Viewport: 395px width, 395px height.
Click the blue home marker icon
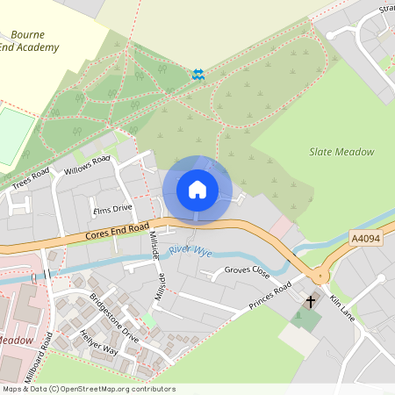(x=197, y=189)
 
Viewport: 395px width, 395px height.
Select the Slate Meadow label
(x=341, y=152)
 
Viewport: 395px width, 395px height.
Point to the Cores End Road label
(x=118, y=231)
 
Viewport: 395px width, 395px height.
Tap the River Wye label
(x=190, y=250)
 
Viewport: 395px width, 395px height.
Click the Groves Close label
(x=247, y=271)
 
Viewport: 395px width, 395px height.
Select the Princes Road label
(x=269, y=297)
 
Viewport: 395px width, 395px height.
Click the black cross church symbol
(x=310, y=302)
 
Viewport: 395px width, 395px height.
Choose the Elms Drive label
(x=111, y=209)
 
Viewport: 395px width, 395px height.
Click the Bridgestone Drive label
(x=114, y=318)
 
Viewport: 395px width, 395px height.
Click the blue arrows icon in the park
(x=199, y=75)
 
